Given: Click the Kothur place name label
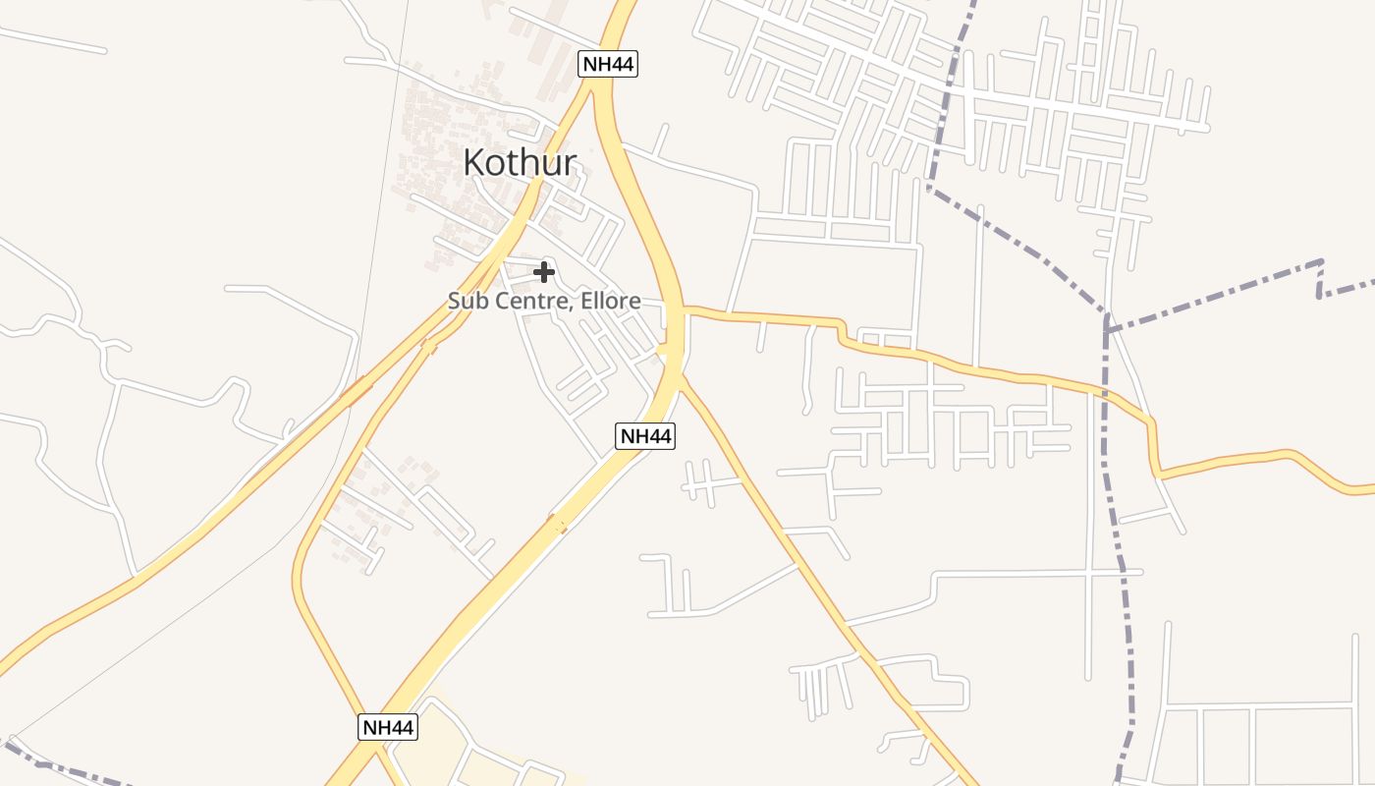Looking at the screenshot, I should tap(520, 163).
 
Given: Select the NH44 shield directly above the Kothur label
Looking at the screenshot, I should tap(608, 65).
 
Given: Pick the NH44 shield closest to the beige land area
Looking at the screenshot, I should tap(388, 727).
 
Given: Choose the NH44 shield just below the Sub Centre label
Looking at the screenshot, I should tap(645, 435).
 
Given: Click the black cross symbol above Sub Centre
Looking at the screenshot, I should tap(544, 272).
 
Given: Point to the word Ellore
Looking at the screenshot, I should tap(610, 302).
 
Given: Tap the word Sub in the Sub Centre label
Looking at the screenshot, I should tap(466, 302).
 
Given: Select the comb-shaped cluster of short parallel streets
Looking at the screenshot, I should tap(820, 683).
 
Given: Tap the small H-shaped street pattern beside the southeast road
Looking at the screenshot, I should tap(700, 482).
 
